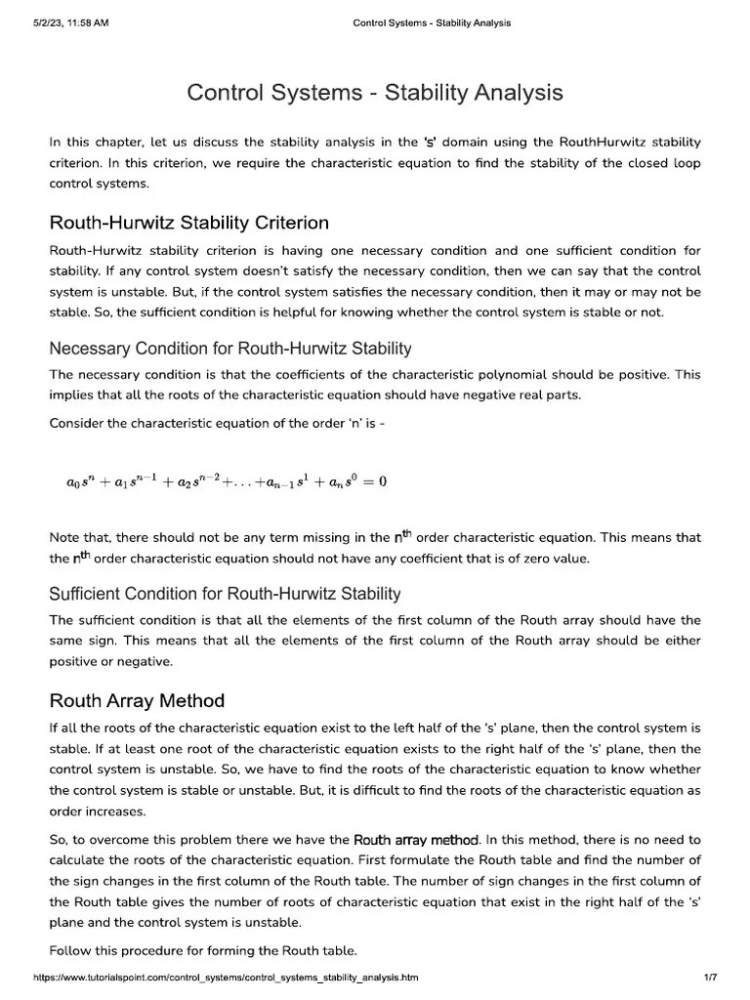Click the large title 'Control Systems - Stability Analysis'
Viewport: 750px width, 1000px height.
click(x=375, y=93)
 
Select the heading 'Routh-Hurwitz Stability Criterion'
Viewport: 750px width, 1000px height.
click(x=188, y=223)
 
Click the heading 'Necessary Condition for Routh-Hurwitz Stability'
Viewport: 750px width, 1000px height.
click(x=229, y=349)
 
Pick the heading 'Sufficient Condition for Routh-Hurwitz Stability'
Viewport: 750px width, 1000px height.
click(x=225, y=593)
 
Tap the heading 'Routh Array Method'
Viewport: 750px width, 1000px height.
click(x=137, y=700)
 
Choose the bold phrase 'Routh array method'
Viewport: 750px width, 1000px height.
click(x=416, y=840)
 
